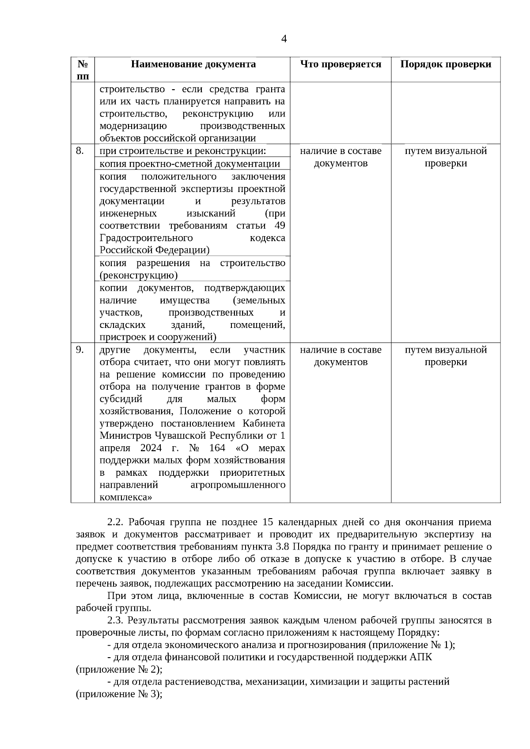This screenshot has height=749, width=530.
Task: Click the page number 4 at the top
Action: [284, 39]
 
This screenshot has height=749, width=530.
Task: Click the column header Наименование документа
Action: [193, 64]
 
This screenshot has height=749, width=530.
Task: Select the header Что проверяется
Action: [341, 64]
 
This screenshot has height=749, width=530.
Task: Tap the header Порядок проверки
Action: [446, 64]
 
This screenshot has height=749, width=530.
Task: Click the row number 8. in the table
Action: [79, 151]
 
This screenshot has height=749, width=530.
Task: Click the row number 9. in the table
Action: [79, 350]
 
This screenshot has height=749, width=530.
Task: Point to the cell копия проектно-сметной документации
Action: [189, 164]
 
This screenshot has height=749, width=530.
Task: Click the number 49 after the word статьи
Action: [280, 226]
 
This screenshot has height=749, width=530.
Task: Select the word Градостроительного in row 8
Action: [146, 238]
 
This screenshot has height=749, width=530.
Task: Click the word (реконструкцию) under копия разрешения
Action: [138, 275]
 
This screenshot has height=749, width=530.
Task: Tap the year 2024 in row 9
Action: [151, 448]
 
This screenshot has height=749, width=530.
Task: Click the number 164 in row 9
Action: [217, 448]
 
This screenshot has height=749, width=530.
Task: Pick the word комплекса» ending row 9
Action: [126, 497]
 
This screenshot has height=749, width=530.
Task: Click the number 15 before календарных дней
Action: [268, 522]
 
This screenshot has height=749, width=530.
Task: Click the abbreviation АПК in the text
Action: [421, 657]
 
